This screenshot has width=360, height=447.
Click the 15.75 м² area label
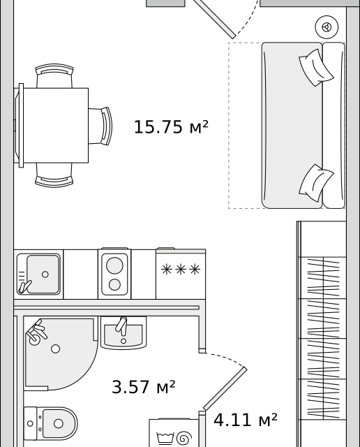tap(171, 127)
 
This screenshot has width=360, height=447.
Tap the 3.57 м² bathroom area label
tap(144, 387)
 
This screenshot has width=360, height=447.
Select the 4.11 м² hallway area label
tap(245, 420)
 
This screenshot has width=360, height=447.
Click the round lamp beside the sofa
tap(327, 27)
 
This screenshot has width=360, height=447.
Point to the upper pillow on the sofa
tap(316, 68)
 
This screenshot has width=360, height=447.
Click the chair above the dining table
tap(54, 76)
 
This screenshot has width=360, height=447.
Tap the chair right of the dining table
tap(100, 126)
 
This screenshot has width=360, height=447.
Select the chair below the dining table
tap(54, 175)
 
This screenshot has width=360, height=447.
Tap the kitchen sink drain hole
tap(45, 274)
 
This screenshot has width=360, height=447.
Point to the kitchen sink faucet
tap(24, 287)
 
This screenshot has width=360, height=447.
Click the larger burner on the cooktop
tap(114, 265)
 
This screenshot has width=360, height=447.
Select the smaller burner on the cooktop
tap(114, 284)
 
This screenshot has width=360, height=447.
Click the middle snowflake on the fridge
tap(181, 270)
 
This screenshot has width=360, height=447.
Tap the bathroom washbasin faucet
tap(122, 325)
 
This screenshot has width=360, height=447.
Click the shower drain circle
tap(56, 349)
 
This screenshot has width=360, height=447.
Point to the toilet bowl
tap(59, 424)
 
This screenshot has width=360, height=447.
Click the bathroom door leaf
tap(225, 389)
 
